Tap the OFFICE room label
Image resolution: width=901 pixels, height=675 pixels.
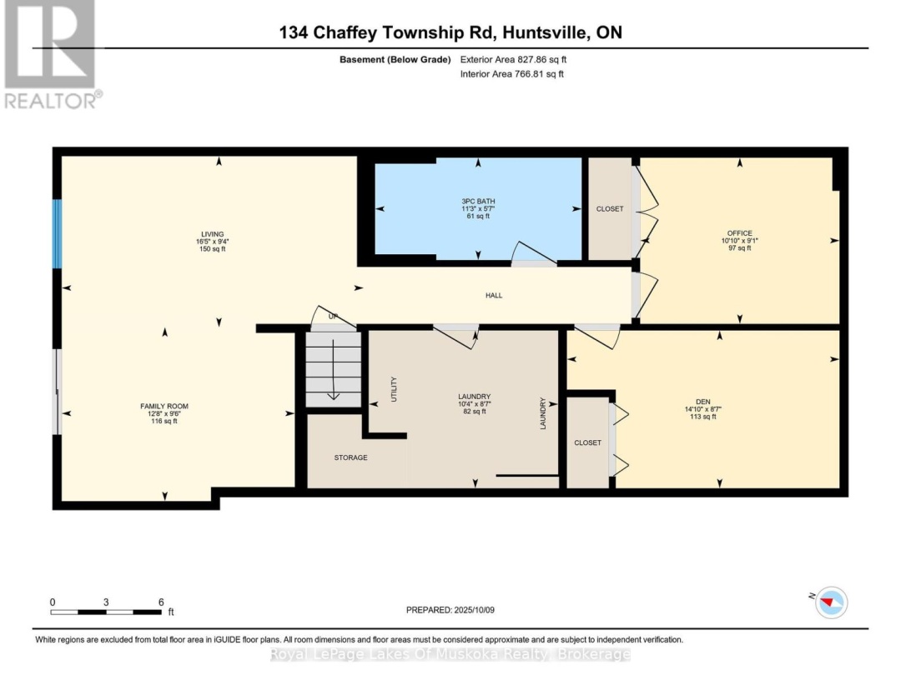739,233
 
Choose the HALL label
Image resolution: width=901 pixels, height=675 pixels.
494,295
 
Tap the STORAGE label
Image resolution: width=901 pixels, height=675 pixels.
350,457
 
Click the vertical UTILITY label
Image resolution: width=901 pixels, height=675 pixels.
395,390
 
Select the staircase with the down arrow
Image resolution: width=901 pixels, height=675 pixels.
333,368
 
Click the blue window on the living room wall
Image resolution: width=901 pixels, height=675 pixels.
58,233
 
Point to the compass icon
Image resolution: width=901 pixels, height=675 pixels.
829,602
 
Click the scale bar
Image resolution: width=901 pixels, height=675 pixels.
106,612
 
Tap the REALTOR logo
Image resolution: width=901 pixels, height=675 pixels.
50,54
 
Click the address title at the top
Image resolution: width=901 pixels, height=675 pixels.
450,33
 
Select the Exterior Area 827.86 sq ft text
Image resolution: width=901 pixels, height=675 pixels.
513,59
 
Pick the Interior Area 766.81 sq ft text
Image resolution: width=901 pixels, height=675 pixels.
512,74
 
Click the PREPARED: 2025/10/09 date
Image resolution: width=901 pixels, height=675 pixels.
450,610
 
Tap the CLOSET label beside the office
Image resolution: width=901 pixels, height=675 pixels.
610,208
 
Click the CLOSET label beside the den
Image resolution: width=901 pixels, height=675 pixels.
587,442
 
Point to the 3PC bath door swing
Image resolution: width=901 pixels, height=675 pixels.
531,253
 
